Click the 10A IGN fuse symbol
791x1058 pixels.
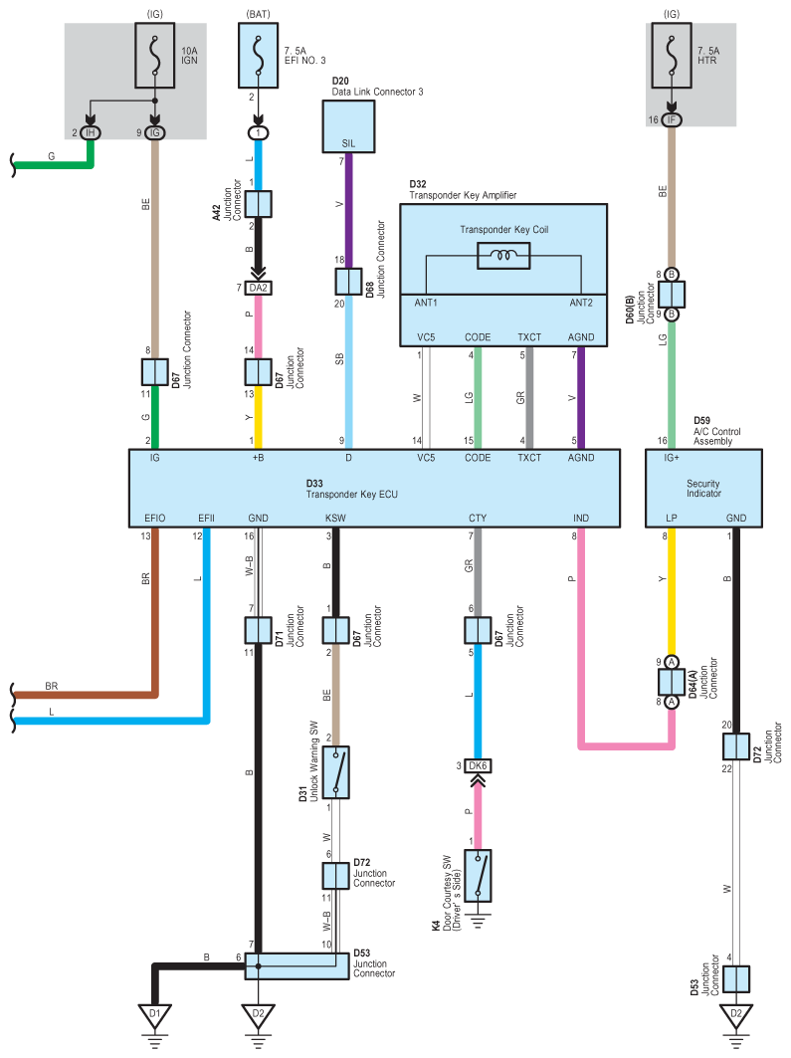tap(155, 56)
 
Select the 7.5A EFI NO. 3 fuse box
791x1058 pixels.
tap(259, 56)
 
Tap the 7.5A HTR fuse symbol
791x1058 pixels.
tap(672, 56)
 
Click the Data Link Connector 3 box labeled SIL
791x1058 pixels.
tap(348, 126)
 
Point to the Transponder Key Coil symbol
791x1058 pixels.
tap(503, 256)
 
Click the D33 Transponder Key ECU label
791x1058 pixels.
tap(351, 490)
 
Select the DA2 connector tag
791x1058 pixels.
tap(259, 288)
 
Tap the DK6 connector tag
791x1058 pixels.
tap(478, 765)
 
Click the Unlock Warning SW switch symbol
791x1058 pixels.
tap(336, 772)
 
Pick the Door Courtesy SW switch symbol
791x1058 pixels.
tap(478, 876)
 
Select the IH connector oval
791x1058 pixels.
tap(91, 133)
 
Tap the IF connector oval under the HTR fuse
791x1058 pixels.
tap(672, 120)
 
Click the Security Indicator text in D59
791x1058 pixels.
tap(703, 489)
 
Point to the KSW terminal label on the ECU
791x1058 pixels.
tap(335, 519)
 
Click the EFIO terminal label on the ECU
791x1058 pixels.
tap(154, 519)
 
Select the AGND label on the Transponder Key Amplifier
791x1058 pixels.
tap(581, 337)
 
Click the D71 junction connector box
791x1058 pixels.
tap(259, 630)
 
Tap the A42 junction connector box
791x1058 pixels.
tap(259, 204)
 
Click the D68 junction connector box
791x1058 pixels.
tap(348, 282)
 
